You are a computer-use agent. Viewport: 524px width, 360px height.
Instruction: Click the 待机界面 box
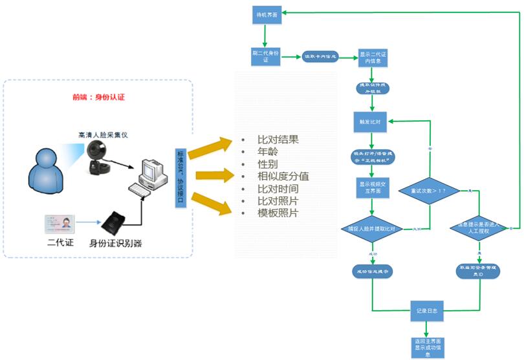[264, 15]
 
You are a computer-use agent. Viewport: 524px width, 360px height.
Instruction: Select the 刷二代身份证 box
[264, 56]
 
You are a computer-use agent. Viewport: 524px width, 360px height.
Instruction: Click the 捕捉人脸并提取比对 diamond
[372, 228]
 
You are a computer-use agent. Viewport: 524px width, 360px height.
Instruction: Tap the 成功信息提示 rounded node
[371, 271]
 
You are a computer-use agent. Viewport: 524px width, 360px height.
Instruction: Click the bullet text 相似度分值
[283, 176]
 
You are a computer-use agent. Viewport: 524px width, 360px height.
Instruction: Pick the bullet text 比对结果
[278, 140]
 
